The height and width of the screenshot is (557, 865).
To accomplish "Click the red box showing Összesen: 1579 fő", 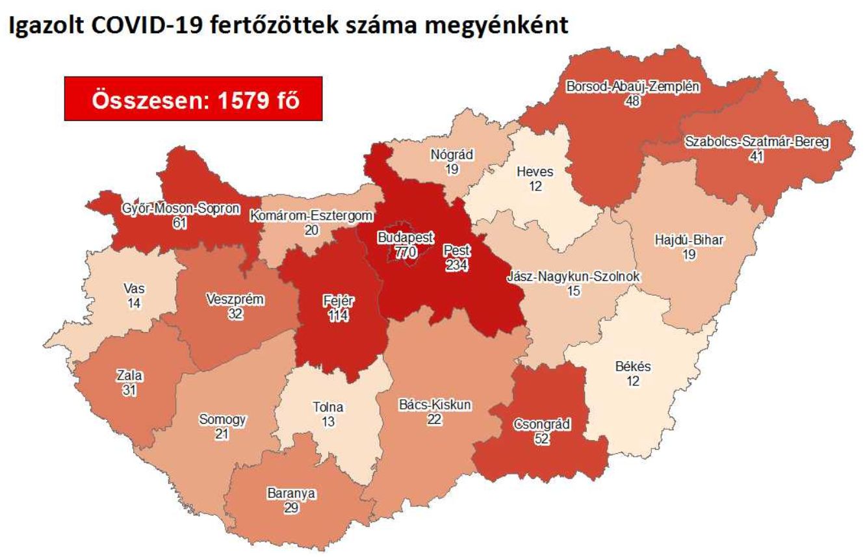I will click(x=194, y=99).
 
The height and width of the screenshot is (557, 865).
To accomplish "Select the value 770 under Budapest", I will click(x=405, y=253).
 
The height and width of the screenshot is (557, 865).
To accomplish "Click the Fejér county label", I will click(x=339, y=302).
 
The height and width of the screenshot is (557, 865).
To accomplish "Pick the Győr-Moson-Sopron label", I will click(x=180, y=209).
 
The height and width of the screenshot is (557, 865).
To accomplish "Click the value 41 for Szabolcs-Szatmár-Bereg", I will click(x=755, y=157).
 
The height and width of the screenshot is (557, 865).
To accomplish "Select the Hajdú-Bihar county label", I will click(x=689, y=241).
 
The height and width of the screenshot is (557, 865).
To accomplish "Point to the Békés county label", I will click(x=632, y=367).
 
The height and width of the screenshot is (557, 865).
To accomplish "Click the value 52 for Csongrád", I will click(x=541, y=439).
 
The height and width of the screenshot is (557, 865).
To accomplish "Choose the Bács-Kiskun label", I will click(x=435, y=406).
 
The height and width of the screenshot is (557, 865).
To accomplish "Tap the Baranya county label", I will click(x=291, y=493).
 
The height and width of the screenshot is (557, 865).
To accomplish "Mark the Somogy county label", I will click(x=222, y=420).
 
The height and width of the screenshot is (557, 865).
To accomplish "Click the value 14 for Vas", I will click(x=135, y=302).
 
